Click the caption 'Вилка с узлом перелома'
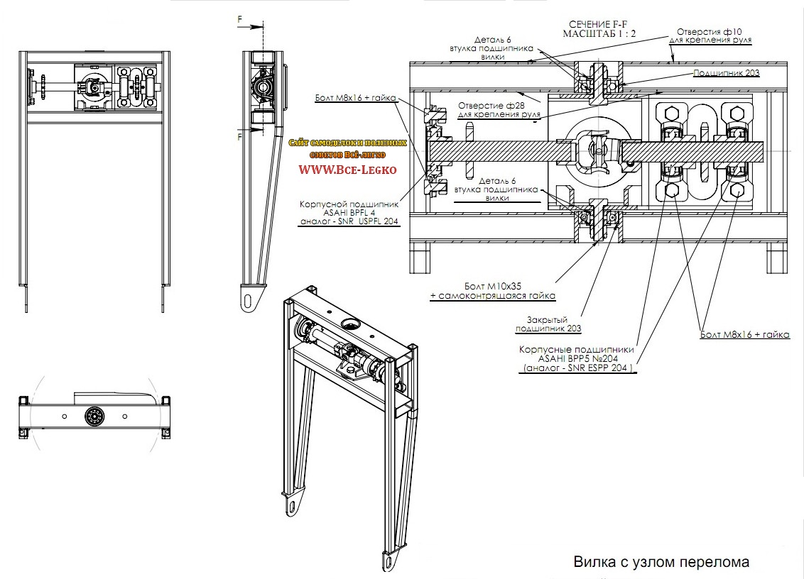click(x=661, y=563)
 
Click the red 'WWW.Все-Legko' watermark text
click(x=347, y=170)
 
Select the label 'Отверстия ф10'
click(x=710, y=31)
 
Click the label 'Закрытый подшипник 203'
click(x=548, y=324)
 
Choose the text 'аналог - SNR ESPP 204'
click(x=577, y=368)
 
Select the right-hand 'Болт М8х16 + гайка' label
click(x=744, y=334)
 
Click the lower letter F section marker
click(x=240, y=135)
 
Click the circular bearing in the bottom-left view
click(x=94, y=416)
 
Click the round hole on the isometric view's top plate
click(x=352, y=324)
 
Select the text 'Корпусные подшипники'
click(x=577, y=350)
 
